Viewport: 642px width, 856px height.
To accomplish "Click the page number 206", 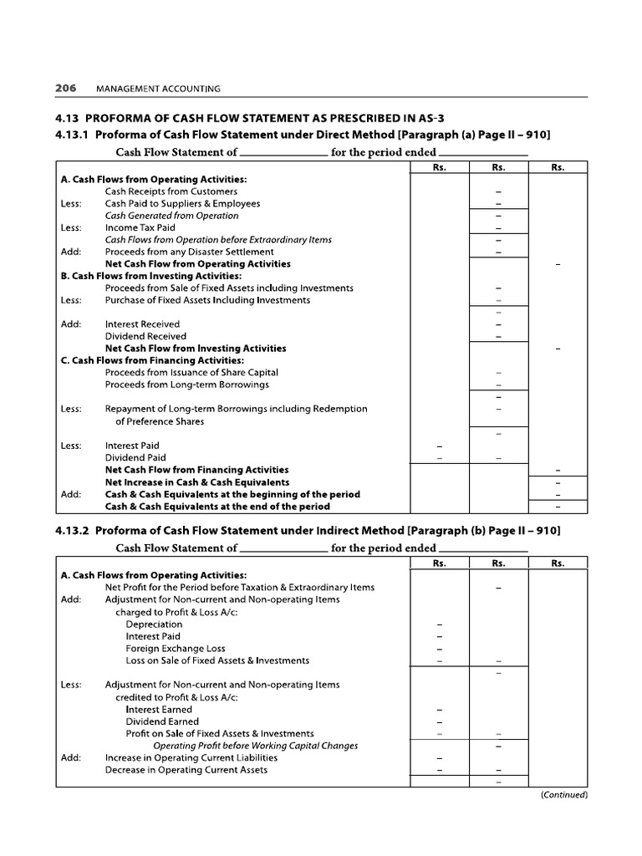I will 66,87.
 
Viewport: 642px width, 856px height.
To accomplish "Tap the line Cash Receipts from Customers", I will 159,191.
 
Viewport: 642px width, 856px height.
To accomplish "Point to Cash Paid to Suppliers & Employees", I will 182,203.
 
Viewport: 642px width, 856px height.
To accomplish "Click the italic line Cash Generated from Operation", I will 171,216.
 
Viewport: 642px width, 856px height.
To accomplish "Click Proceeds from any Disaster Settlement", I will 189,252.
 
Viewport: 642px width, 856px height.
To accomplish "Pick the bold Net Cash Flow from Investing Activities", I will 195,348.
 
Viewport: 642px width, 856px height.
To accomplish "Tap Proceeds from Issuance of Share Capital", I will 191,372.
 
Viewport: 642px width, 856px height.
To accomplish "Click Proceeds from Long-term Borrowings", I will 186,385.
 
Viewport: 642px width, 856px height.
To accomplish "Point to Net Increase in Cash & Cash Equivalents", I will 197,481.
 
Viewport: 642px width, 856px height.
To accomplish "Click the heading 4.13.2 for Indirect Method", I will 308,530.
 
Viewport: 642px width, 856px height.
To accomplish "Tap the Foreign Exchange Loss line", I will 175,648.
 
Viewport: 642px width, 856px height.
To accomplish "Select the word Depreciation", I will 154,624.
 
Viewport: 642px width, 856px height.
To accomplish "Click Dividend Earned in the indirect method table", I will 162,721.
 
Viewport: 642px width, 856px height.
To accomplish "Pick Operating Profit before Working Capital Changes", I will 255,746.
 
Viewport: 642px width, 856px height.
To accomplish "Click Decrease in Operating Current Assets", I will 186,769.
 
